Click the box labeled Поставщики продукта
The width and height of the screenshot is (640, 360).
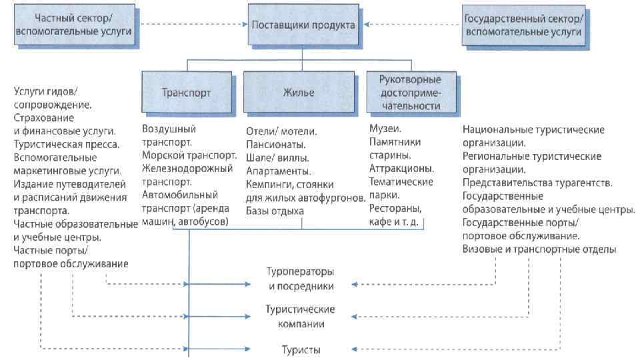coord(304,25)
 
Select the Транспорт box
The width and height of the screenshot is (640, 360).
coord(187,92)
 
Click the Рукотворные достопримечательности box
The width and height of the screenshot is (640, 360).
coord(409,92)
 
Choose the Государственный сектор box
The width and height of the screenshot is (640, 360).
coord(522,25)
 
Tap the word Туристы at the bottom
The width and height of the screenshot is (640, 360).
coord(297,349)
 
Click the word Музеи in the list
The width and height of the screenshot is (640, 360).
coord(384,127)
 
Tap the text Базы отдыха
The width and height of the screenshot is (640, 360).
coord(275,211)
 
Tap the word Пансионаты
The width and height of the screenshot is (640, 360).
coord(276,144)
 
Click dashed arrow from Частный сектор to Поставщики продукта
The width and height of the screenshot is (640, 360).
coord(194,26)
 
